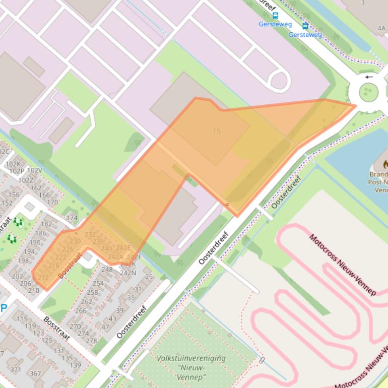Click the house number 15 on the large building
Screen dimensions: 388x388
tap(217, 131)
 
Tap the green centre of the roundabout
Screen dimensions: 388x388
tap(368, 92)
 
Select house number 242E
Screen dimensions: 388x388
tap(123, 247)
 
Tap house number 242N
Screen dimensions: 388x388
tap(128, 273)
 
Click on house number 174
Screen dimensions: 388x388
tap(72, 218)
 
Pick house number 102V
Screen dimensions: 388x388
tap(35, 170)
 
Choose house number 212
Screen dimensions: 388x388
tap(43, 278)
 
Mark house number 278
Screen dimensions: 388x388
tap(91, 341)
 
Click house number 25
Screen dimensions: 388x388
tap(149, 277)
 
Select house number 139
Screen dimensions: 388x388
tap(75, 365)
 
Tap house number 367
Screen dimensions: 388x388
tap(35, 373)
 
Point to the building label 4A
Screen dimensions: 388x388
tap(381, 29)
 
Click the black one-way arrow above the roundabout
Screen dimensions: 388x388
tap(369, 77)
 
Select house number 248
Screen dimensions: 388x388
tap(107, 269)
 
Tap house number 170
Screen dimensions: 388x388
tap(52, 203)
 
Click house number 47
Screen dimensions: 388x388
tap(105, 327)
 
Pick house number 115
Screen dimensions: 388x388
tap(22, 318)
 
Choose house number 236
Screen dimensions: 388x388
tap(98, 241)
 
